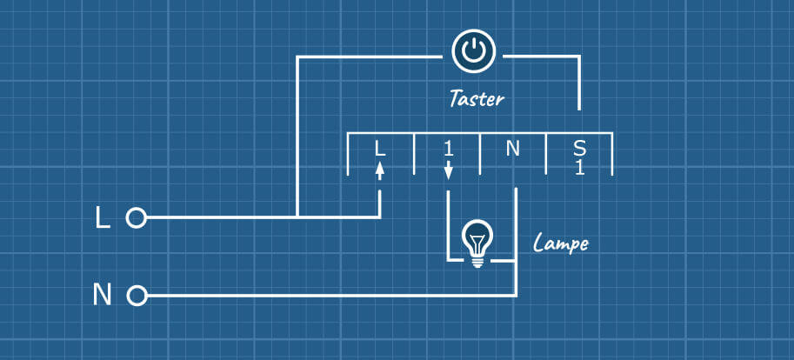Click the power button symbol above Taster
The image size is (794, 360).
coord(473,52)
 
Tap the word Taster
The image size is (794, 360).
coord(476,98)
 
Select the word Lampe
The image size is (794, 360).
coord(560,243)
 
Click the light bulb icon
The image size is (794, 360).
coord(476,240)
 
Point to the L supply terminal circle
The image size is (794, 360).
coord(136,217)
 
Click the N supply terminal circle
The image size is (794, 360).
coord(136,297)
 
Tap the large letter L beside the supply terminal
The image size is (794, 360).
coord(102,218)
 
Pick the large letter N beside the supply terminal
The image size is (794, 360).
coord(102,297)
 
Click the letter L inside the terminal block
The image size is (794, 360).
coord(379,149)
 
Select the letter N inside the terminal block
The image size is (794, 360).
coord(512,149)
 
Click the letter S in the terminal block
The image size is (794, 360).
coord(579,148)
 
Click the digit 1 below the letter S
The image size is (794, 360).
coord(579,167)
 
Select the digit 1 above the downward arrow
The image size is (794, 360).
coord(448,149)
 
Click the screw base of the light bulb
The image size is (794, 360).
coord(476,259)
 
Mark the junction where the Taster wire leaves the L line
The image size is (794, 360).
coord(298,217)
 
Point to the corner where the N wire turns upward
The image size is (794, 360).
coord(517,297)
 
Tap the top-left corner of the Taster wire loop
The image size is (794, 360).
coord(298,57)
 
